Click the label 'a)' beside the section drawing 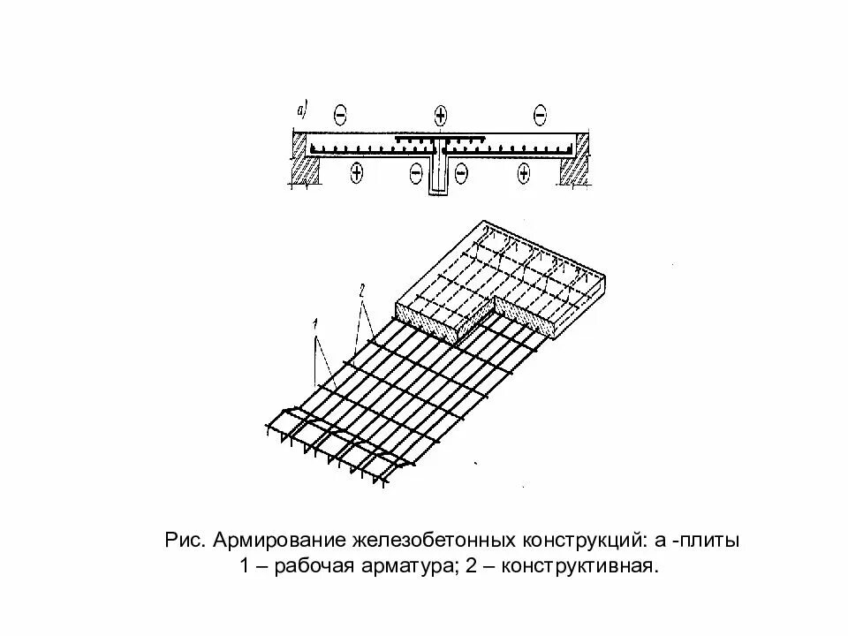[x=301, y=110]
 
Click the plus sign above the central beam [x=441, y=113]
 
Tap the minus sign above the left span [x=341, y=113]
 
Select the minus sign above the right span [x=541, y=113]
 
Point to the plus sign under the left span [x=356, y=172]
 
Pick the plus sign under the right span [x=524, y=173]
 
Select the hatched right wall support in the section [x=572, y=168]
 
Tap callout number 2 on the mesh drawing [x=360, y=289]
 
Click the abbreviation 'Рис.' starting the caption [x=184, y=539]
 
